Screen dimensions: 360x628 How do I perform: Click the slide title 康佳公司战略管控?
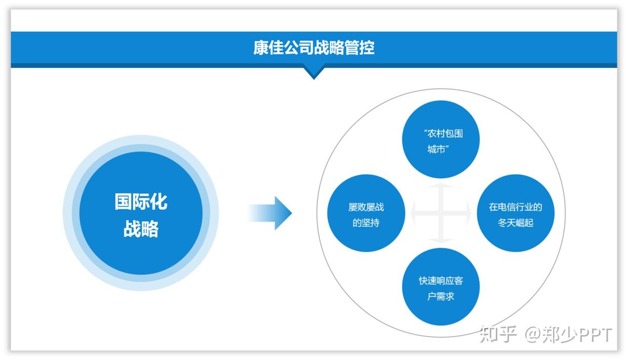314,48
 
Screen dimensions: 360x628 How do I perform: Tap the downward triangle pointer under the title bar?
313,73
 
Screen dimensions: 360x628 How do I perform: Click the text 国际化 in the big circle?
141,202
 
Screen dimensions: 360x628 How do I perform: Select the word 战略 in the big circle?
141,229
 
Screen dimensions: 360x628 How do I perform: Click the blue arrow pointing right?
271,213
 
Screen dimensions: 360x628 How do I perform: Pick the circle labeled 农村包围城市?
440,139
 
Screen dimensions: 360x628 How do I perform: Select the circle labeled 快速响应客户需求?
440,287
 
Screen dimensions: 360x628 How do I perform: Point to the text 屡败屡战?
366,207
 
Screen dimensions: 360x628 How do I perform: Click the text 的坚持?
366,223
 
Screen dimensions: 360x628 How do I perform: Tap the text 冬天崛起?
516,223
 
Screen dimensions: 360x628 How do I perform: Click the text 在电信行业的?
516,207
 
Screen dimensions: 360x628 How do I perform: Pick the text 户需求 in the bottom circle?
441,296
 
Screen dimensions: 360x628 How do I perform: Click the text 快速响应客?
441,281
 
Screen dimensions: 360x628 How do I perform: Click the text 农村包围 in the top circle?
443,134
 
